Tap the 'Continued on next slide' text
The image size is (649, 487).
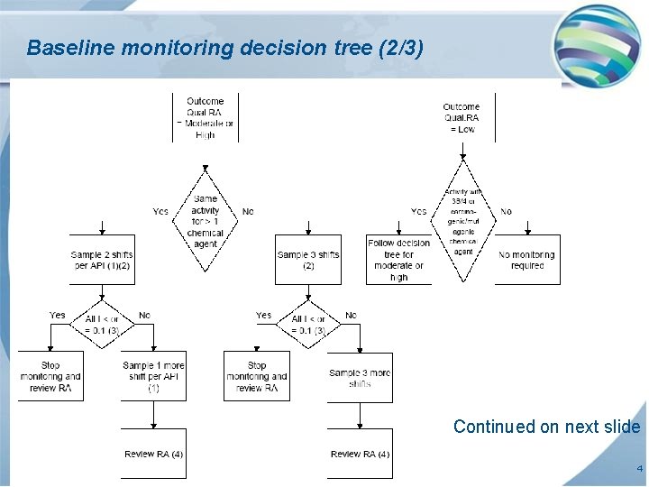(546, 427)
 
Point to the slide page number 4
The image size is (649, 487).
(637, 469)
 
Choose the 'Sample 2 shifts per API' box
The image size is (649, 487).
(102, 260)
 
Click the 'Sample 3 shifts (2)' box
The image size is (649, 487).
(307, 260)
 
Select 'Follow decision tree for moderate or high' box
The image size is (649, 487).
(398, 260)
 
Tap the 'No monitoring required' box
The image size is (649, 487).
(527, 260)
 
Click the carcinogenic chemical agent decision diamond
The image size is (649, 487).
(462, 222)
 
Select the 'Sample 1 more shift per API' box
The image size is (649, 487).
(153, 376)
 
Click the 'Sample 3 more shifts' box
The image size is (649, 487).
(360, 377)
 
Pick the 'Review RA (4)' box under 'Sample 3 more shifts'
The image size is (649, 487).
(360, 453)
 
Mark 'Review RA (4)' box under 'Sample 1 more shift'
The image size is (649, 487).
(153, 453)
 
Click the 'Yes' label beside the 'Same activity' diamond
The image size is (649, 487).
(160, 212)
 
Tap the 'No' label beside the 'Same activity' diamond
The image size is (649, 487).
(248, 212)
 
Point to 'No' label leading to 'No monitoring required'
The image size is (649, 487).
(506, 212)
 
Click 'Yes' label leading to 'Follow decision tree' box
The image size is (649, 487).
(418, 212)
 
